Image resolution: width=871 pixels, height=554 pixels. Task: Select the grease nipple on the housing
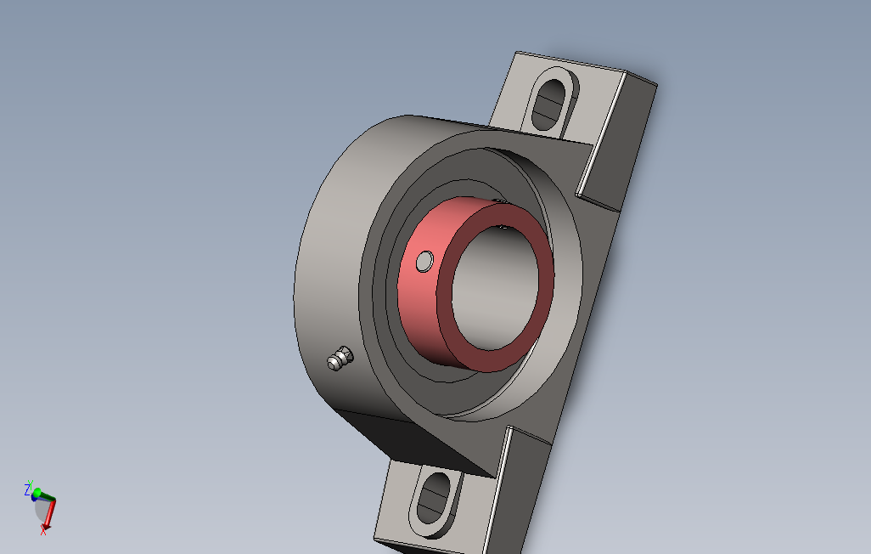point(340,359)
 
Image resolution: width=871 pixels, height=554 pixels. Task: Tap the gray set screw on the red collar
point(425,261)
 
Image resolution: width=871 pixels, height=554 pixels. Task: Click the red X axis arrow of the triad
point(49,512)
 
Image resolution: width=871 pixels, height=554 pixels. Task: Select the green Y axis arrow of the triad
point(46,496)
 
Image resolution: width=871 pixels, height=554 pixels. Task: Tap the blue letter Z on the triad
point(27,489)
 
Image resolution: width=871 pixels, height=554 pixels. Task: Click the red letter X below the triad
point(43,531)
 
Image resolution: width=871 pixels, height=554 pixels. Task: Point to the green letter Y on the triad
point(31,483)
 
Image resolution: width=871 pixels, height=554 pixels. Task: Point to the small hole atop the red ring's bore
point(504,227)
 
